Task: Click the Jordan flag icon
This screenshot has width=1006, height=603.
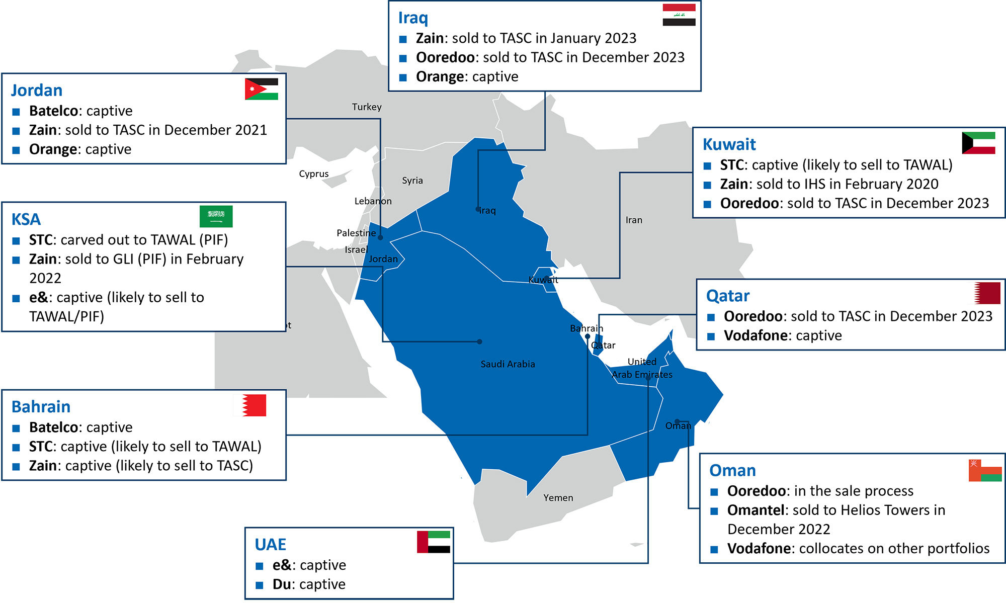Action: tap(262, 89)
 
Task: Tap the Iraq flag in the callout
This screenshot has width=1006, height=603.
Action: tap(679, 15)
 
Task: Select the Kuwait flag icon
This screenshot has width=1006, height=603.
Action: tap(978, 143)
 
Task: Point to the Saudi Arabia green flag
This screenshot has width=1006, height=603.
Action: tap(216, 216)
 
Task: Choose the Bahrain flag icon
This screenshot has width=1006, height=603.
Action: tap(250, 405)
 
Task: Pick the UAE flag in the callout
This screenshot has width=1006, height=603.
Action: tap(434, 542)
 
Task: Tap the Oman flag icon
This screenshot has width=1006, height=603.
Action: tap(985, 470)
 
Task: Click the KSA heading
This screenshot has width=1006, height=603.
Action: tap(26, 220)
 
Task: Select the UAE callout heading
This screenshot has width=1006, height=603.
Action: tap(270, 545)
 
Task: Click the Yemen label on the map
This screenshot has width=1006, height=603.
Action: tap(558, 498)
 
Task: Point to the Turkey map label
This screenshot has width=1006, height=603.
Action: tap(367, 107)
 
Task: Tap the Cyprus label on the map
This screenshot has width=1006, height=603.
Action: tap(313, 174)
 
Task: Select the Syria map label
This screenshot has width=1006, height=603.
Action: tap(412, 181)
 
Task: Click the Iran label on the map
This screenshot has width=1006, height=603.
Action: tap(634, 220)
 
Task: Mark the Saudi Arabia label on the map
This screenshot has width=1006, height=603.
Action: tap(508, 364)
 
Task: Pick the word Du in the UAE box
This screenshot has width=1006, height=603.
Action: tap(282, 584)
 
